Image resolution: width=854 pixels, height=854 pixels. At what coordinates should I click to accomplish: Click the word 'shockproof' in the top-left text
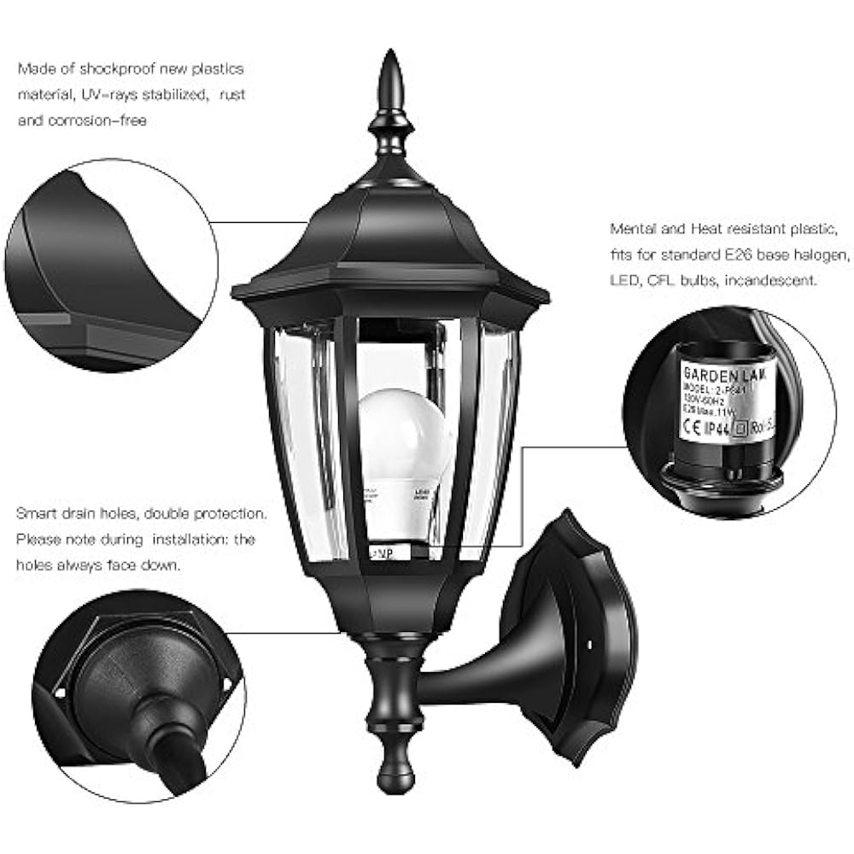[120, 69]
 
